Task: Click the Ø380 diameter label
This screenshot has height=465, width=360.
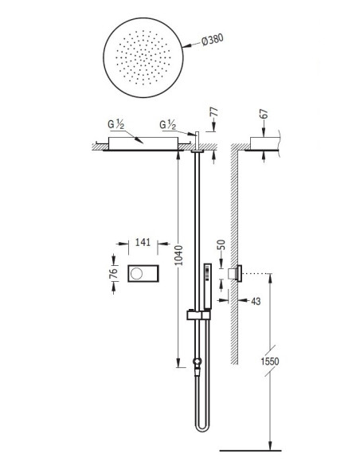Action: (213, 40)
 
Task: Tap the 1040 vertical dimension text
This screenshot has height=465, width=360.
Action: (178, 255)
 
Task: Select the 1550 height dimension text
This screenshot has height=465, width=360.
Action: (270, 361)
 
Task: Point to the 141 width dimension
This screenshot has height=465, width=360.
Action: (143, 242)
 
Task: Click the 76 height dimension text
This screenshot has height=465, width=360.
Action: (113, 273)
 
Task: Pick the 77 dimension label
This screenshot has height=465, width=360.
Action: (213, 112)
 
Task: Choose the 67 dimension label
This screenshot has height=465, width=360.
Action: (264, 114)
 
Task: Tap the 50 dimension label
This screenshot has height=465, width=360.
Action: (221, 244)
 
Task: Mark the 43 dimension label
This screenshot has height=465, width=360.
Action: (256, 301)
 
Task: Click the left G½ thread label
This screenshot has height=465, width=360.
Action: (116, 124)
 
